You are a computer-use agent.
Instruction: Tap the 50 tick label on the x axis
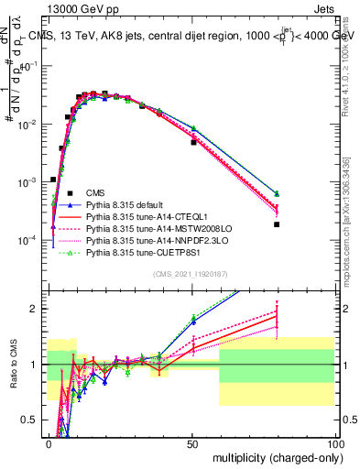click(193, 442)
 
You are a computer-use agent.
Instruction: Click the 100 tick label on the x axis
click(335, 442)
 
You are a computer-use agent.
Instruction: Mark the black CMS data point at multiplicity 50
click(193, 142)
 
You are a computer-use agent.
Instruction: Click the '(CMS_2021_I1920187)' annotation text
click(191, 273)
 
